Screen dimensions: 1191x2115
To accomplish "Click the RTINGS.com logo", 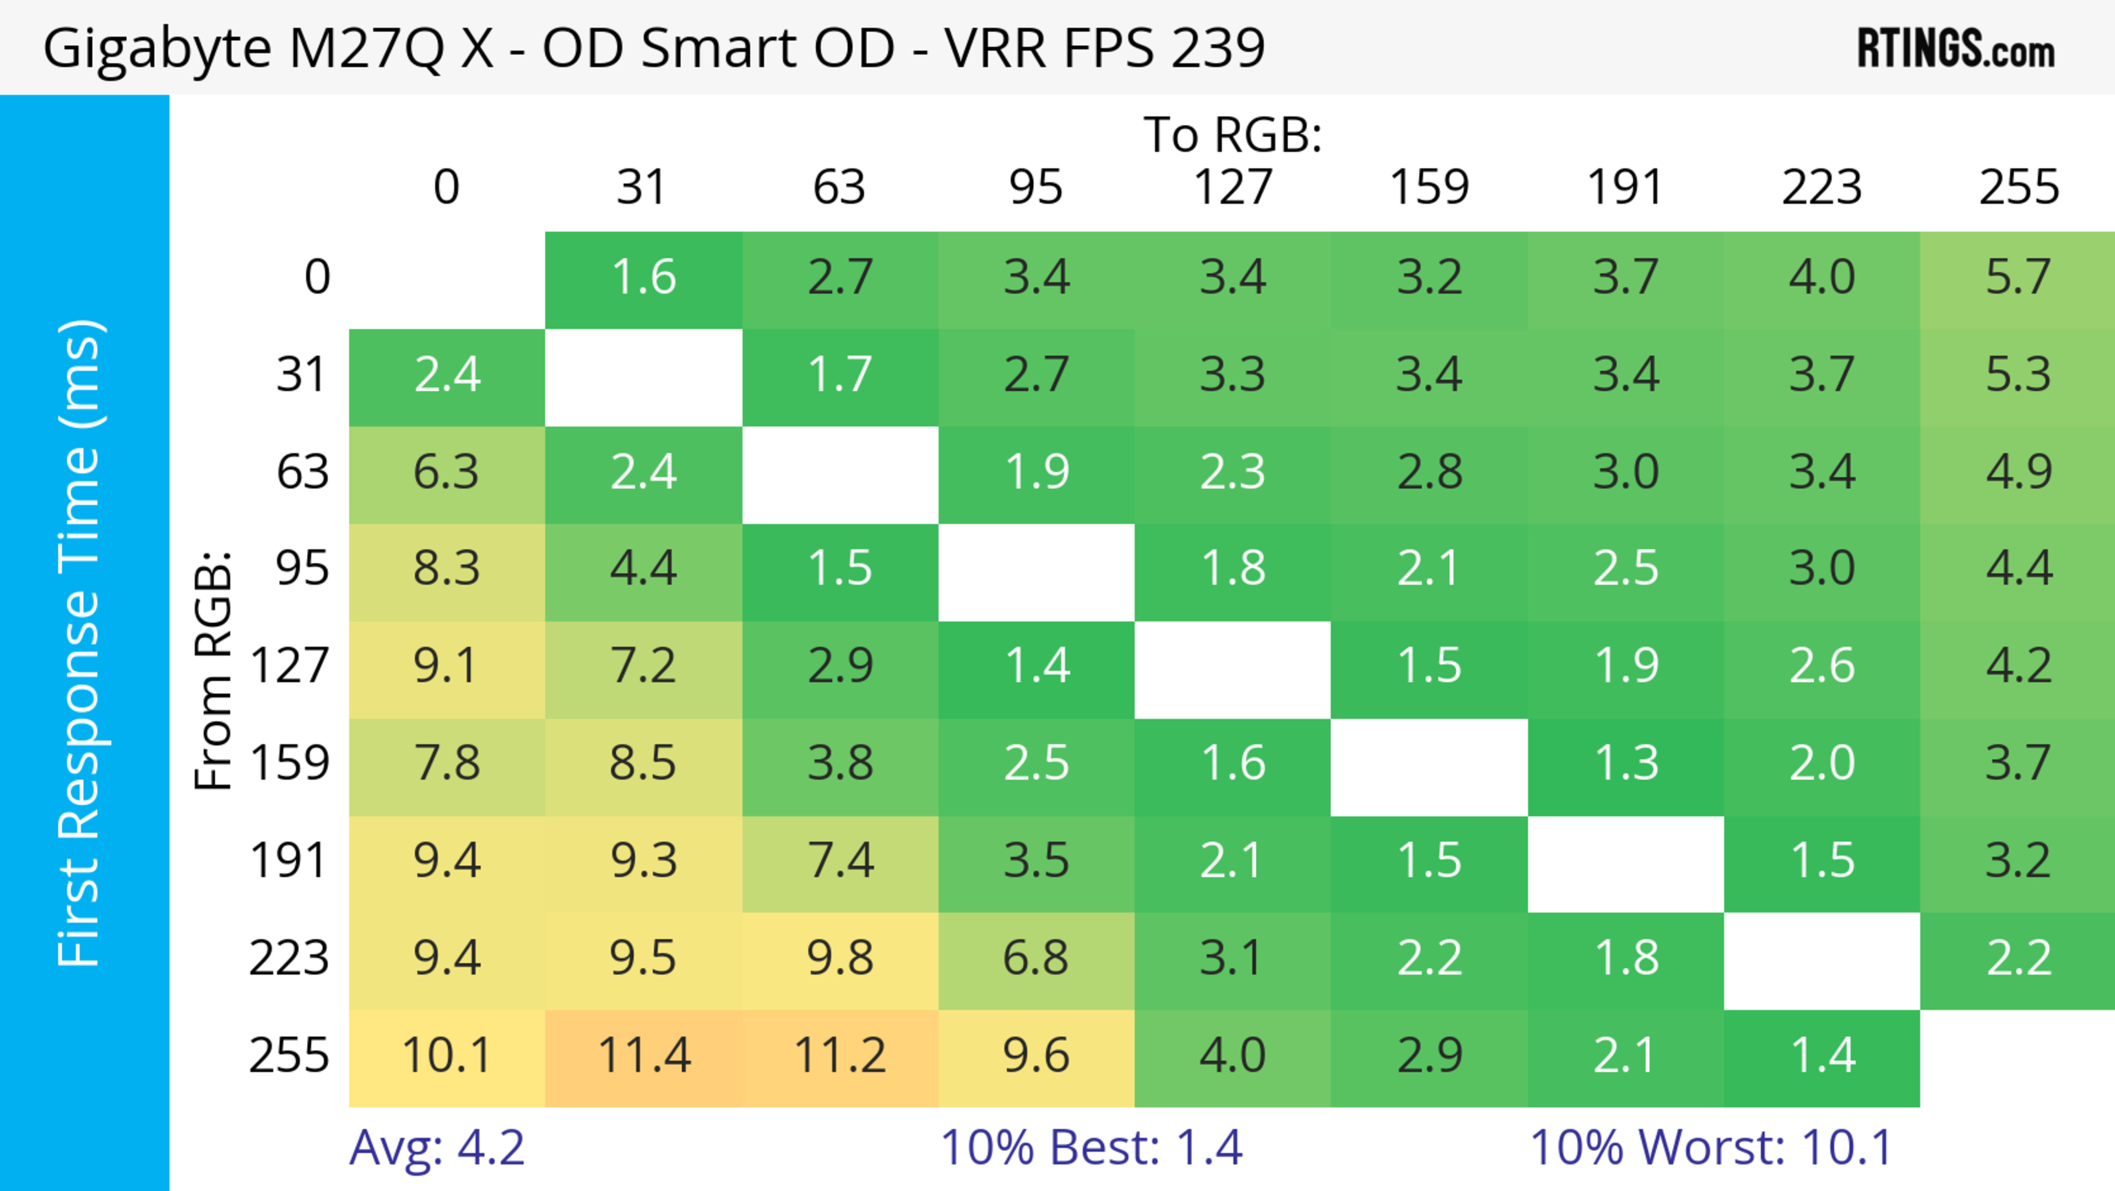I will click(x=1956, y=48).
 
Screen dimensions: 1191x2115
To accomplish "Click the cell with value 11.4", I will click(x=644, y=1055).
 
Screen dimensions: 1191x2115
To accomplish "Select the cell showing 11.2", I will click(x=840, y=1055).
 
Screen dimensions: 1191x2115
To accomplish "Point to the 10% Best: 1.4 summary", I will click(x=1091, y=1147).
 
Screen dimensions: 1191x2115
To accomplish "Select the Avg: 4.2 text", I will click(x=437, y=1147).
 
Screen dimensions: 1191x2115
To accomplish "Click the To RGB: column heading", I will click(x=1233, y=134).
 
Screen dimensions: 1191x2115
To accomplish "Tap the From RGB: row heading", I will click(x=214, y=670).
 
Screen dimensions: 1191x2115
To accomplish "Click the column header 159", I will click(x=1429, y=187).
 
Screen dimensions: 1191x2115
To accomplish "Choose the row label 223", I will click(x=289, y=958).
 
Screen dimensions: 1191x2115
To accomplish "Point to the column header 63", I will click(x=839, y=187).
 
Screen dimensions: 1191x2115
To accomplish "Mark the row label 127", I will click(x=289, y=665).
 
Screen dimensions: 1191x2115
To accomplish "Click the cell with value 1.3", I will click(x=1626, y=763).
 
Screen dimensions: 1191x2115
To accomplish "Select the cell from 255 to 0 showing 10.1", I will click(x=447, y=1055).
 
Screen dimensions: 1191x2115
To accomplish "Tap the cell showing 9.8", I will click(x=840, y=958).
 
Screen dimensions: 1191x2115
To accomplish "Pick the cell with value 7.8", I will click(x=447, y=763).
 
